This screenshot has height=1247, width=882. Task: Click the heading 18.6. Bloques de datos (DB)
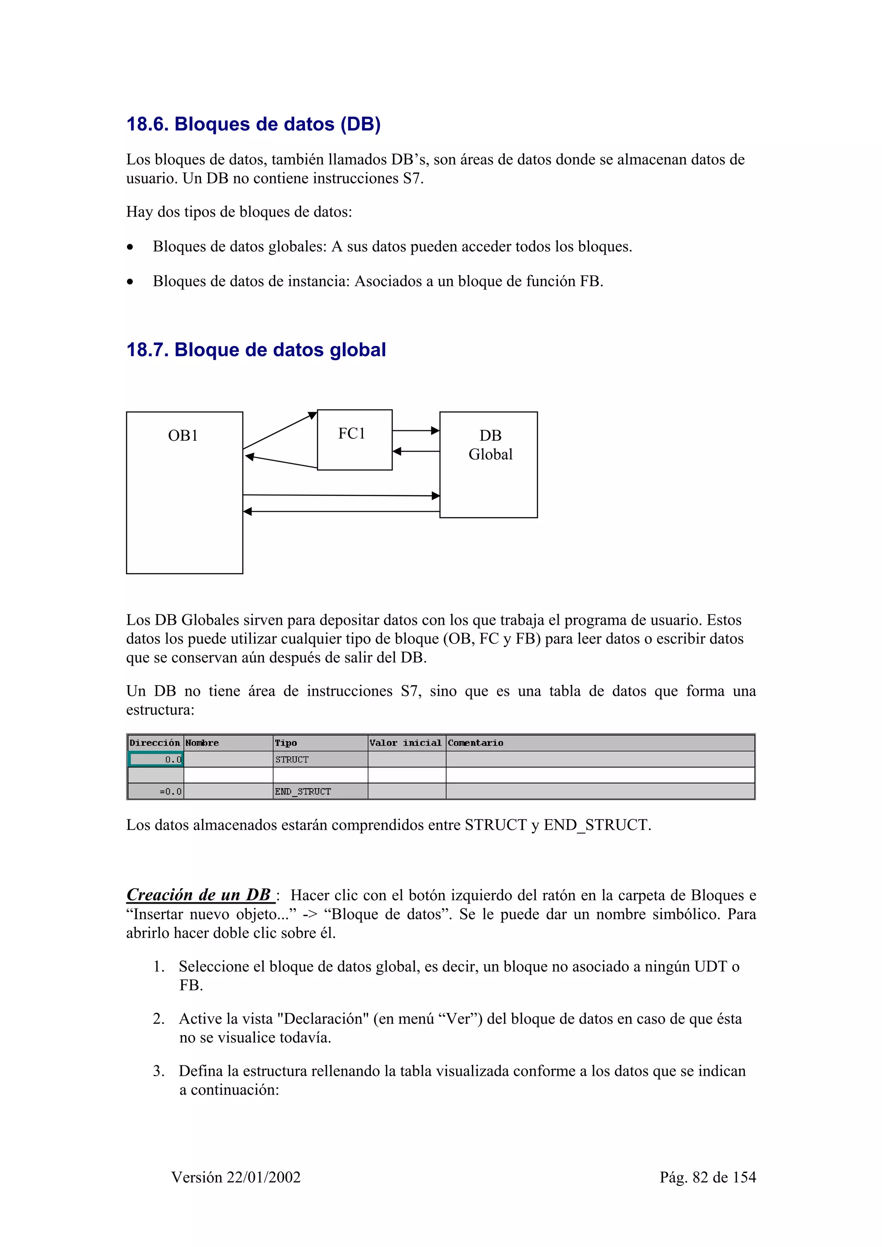click(253, 124)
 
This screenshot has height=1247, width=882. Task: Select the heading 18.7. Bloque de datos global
click(256, 350)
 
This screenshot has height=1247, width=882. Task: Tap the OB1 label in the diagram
click(183, 435)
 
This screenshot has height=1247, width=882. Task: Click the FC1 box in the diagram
click(354, 439)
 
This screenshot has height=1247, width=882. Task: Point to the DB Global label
click(490, 445)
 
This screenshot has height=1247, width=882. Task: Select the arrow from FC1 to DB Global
click(415, 431)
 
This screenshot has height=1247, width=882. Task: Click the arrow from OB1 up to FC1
click(280, 431)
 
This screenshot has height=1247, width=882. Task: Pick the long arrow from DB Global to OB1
click(341, 512)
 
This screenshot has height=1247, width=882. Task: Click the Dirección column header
click(155, 743)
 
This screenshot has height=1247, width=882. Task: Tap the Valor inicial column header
click(405, 743)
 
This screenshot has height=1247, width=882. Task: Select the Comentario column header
click(475, 743)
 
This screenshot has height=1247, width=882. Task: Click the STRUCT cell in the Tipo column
click(292, 759)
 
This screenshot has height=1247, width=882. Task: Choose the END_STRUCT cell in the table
click(303, 791)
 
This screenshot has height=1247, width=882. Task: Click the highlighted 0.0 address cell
click(156, 759)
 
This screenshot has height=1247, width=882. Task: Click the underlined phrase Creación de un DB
click(199, 895)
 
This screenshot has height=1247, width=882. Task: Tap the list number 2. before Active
click(158, 1019)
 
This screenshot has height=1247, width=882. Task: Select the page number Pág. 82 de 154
click(707, 1177)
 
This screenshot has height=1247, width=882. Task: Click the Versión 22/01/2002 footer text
click(236, 1177)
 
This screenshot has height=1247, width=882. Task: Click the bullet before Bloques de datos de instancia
click(130, 282)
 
